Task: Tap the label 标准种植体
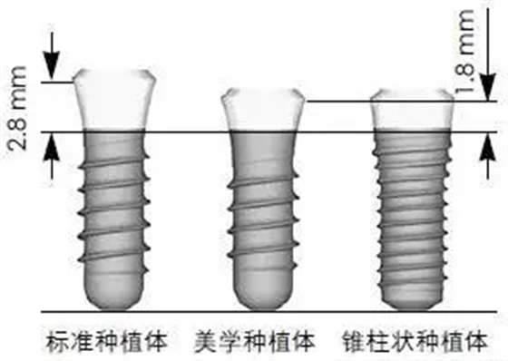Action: click(x=107, y=343)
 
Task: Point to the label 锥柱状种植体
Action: click(x=415, y=343)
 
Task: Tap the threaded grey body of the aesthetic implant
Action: click(x=263, y=213)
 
